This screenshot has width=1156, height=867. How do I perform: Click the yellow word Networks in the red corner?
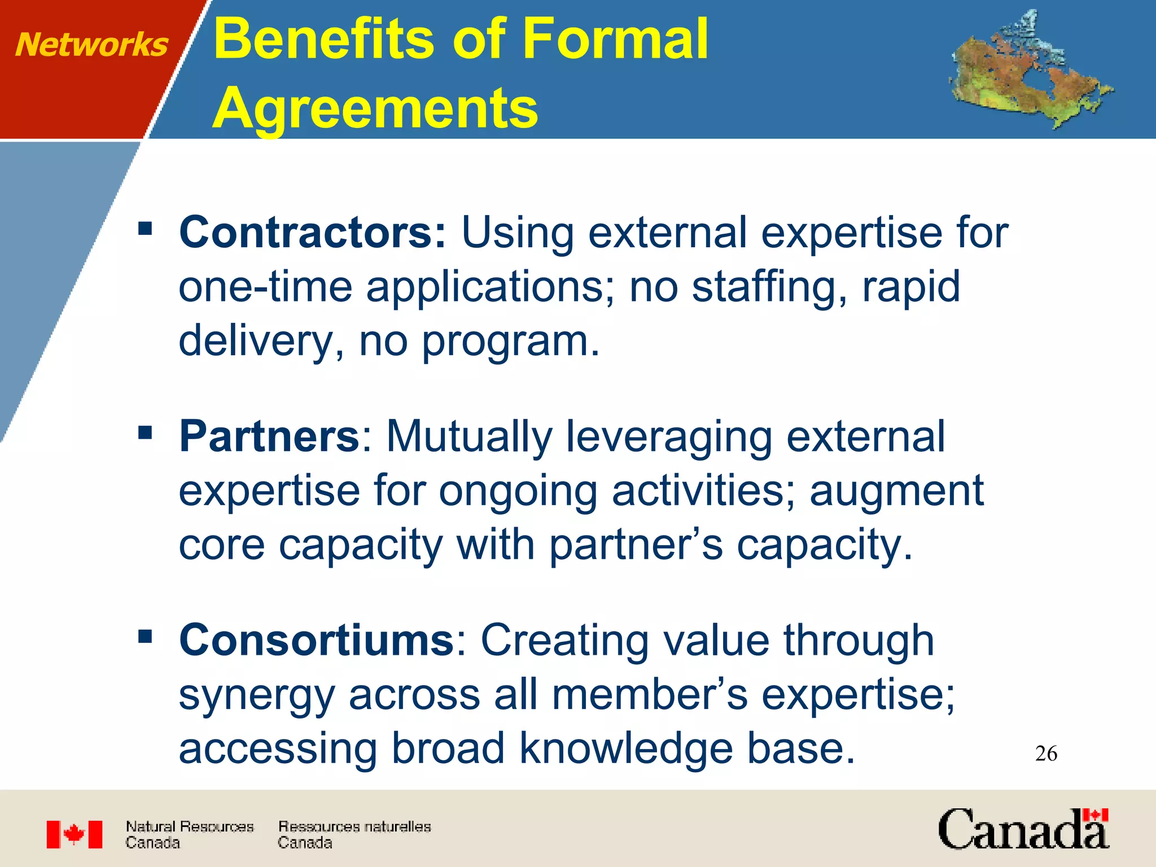pyautogui.click(x=91, y=45)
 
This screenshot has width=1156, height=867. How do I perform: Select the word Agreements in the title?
pyautogui.click(x=375, y=108)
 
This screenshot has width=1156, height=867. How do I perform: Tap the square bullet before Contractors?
pyautogui.click(x=146, y=229)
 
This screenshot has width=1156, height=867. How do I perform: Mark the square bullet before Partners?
pyautogui.click(x=146, y=433)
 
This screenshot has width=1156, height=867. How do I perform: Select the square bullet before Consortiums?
pyautogui.click(x=146, y=637)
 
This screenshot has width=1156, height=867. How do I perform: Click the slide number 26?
pyautogui.click(x=1046, y=754)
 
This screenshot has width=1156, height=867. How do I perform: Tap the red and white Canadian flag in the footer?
pyautogui.click(x=75, y=834)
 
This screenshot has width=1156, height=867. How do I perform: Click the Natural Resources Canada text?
pyautogui.click(x=189, y=834)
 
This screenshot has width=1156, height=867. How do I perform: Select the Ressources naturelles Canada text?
pyautogui.click(x=354, y=834)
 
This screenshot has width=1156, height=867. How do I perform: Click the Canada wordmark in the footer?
pyautogui.click(x=1023, y=829)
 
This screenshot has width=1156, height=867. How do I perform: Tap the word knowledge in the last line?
pyautogui.click(x=625, y=748)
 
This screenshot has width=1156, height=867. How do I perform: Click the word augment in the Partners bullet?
pyautogui.click(x=897, y=490)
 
